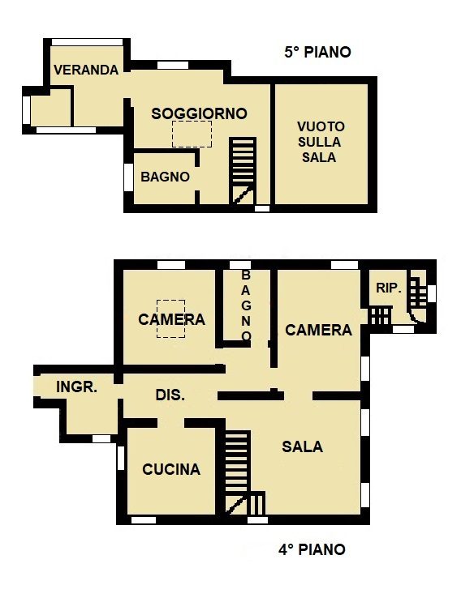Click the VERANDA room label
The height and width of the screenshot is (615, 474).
coord(86,70)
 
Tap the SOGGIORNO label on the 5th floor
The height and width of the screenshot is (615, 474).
coord(200,113)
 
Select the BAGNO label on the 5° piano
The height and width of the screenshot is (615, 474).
coord(165,177)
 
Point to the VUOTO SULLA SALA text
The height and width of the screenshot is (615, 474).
coord(321,142)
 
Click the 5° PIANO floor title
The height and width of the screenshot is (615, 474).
coord(317,52)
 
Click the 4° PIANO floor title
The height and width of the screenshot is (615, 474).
coord(312,549)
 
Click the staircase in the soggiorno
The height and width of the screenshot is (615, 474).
coord(243,171)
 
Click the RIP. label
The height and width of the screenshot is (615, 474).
coord(389,288)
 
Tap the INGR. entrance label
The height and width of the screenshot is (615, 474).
coord(76,387)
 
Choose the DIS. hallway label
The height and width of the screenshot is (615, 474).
coord(170,395)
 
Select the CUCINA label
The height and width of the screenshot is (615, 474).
coord(171,469)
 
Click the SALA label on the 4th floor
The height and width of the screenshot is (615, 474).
coord(302,446)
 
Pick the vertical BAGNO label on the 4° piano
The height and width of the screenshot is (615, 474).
coord(246,305)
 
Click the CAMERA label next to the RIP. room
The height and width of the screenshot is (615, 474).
coord(318,331)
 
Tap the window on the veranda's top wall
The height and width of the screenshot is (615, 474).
coord(88,42)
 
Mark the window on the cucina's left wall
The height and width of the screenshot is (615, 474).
coord(121,458)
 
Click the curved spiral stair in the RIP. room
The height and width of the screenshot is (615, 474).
coord(417,300)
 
